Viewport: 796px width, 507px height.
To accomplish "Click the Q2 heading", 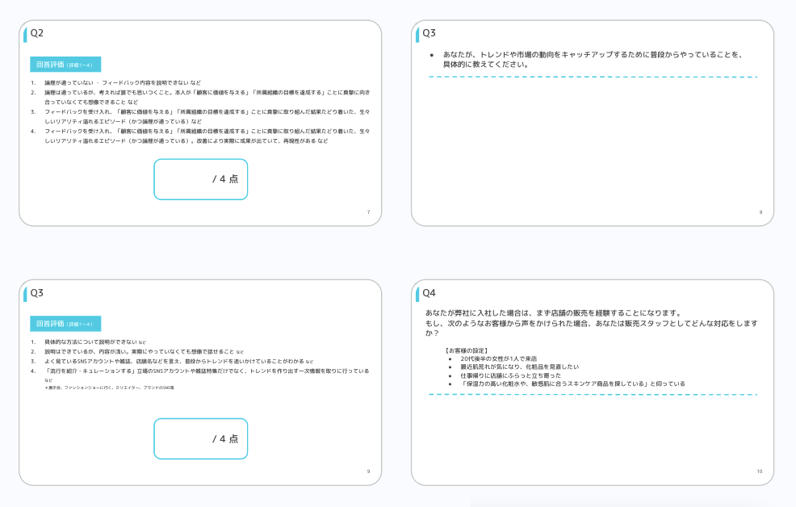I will [x=37, y=33].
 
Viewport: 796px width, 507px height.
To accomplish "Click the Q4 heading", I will [x=429, y=292].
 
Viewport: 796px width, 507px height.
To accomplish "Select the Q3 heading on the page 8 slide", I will [x=429, y=33].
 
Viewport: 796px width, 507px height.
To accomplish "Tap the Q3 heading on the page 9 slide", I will [x=37, y=292].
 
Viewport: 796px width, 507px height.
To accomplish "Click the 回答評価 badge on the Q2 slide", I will [x=65, y=64].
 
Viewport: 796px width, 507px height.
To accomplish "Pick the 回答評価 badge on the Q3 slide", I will [x=65, y=323].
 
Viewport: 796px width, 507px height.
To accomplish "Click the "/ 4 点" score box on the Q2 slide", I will [x=200, y=179].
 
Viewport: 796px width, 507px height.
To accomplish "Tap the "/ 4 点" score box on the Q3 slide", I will [x=200, y=438].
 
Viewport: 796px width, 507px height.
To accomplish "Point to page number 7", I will [x=368, y=212].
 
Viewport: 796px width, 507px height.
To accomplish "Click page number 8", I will [x=760, y=212].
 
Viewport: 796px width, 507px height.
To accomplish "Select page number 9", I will [x=368, y=471].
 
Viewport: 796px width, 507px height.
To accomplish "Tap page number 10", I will [x=760, y=471].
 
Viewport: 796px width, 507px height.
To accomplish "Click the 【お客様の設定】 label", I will [x=466, y=350].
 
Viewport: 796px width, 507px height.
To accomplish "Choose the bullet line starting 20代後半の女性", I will [x=499, y=358].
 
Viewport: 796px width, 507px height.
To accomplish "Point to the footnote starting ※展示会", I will [x=109, y=388].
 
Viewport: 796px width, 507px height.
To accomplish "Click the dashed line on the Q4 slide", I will [x=593, y=395].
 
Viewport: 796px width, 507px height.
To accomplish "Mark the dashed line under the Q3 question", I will [x=593, y=77].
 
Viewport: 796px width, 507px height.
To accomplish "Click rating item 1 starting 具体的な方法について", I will [x=95, y=342].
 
